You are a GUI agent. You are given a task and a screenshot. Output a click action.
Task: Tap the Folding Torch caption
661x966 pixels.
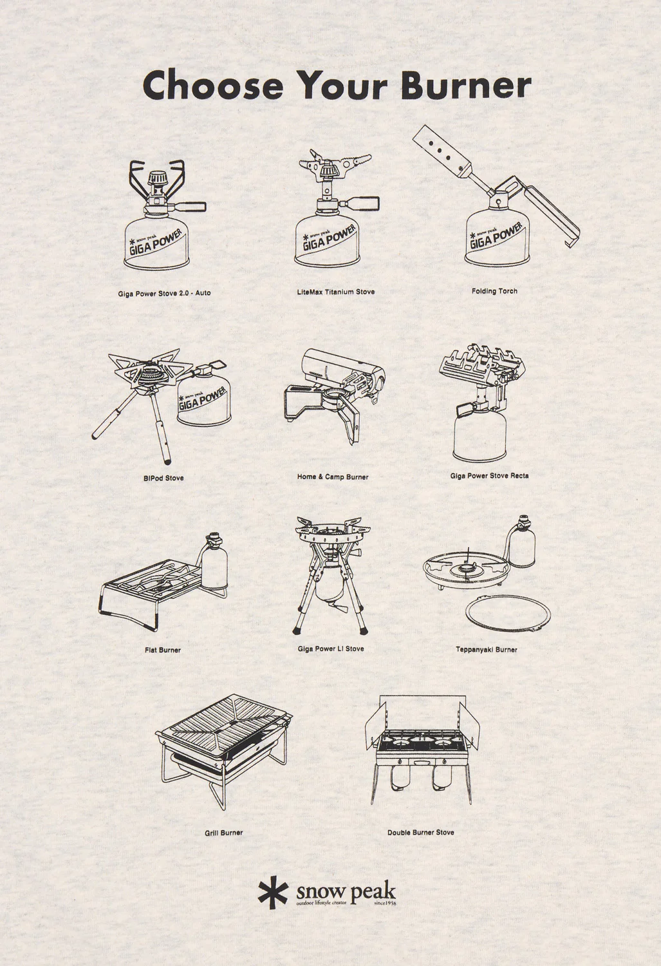(x=494, y=291)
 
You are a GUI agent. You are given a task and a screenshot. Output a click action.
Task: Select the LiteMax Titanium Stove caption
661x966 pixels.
(x=336, y=292)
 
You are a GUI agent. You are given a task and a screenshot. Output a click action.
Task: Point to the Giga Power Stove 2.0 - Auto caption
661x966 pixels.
(x=164, y=293)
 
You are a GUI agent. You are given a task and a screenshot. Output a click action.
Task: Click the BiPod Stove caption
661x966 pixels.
(x=163, y=478)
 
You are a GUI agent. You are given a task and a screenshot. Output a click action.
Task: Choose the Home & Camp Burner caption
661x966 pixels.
(x=333, y=477)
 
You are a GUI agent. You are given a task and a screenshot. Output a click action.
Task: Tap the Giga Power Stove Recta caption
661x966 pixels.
(x=490, y=476)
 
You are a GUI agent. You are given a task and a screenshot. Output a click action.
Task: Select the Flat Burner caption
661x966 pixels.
(x=163, y=650)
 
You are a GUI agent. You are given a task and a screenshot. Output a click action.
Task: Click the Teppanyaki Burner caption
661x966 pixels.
(x=487, y=649)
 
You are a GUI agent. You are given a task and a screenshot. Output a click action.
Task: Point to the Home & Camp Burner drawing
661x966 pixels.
(x=333, y=396)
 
